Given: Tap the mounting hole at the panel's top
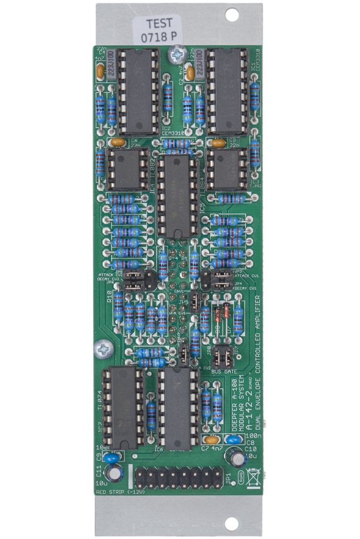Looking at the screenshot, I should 232,15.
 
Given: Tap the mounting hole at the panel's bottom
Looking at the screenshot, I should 232,522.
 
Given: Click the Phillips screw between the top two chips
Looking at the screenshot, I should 176,53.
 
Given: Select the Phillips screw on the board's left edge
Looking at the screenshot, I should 102,350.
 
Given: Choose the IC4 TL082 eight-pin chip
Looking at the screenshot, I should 127,169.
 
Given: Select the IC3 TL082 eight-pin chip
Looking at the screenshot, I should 227,169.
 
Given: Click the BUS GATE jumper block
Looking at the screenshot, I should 223,357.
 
